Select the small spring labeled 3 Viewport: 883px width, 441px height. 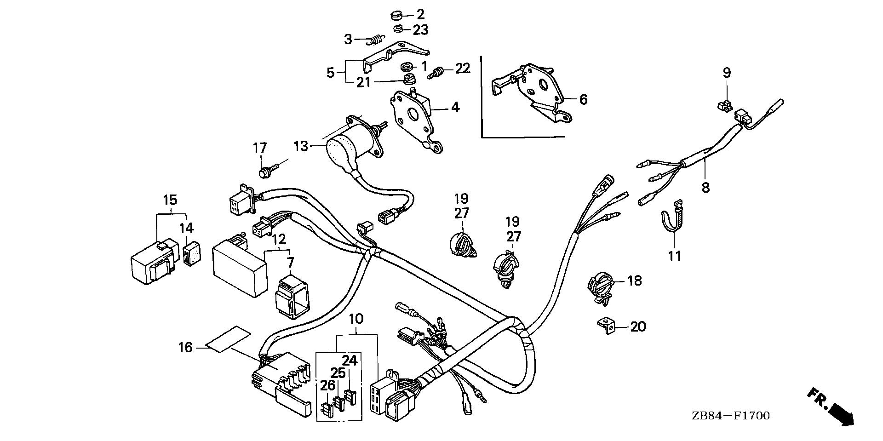coord(376,40)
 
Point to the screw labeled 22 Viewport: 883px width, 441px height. coord(436,73)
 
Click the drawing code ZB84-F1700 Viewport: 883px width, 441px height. coord(729,416)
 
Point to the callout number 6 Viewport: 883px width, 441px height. coord(583,99)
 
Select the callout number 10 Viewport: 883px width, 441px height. coord(356,318)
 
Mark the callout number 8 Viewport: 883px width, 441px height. coord(705,187)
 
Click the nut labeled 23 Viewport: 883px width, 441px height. coord(398,29)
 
